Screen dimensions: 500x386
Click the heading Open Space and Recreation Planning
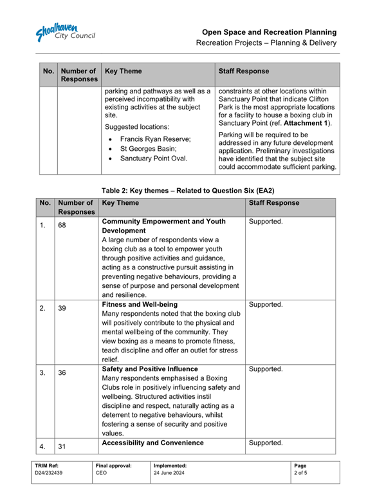[x=269, y=32]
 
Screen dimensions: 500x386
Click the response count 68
[x=62, y=226]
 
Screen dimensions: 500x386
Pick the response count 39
[x=62, y=309]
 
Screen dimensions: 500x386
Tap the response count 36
[x=62, y=372]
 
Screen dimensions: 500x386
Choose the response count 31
[x=62, y=446]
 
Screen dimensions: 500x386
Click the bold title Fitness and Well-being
[x=140, y=304]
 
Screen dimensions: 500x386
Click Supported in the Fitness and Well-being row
[x=265, y=304]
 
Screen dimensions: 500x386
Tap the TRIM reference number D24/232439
[x=48, y=473]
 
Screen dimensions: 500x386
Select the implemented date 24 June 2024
[x=170, y=473]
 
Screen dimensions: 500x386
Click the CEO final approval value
[x=101, y=473]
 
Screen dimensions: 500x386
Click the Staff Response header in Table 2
[x=273, y=203]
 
